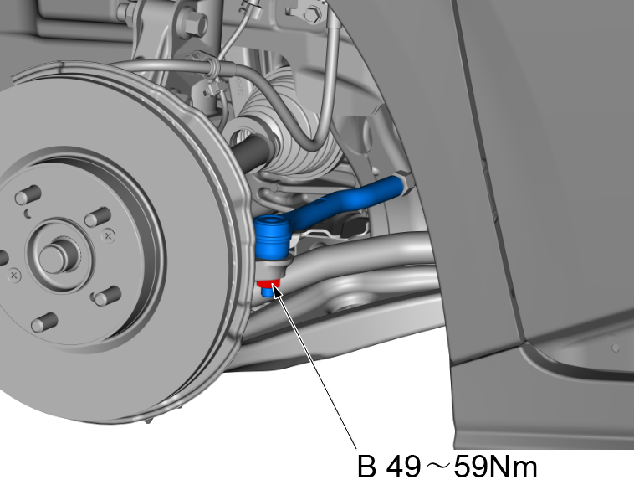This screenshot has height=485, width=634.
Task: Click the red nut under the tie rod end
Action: pyautogui.click(x=269, y=283)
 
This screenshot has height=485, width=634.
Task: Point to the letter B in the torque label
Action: pyautogui.click(x=366, y=467)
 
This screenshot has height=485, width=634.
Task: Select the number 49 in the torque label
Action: pyautogui.click(x=403, y=467)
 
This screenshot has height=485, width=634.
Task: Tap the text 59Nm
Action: pyautogui.click(x=496, y=467)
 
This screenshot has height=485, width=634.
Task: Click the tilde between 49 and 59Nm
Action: pyautogui.click(x=437, y=467)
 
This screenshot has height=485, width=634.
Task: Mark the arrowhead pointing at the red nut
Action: pyautogui.click(x=277, y=291)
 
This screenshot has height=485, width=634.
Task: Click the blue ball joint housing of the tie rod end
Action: pyautogui.click(x=271, y=236)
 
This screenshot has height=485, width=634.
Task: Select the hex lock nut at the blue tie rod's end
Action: pyautogui.click(x=406, y=183)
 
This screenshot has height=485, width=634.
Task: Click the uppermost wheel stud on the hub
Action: pyautogui.click(x=28, y=194)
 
